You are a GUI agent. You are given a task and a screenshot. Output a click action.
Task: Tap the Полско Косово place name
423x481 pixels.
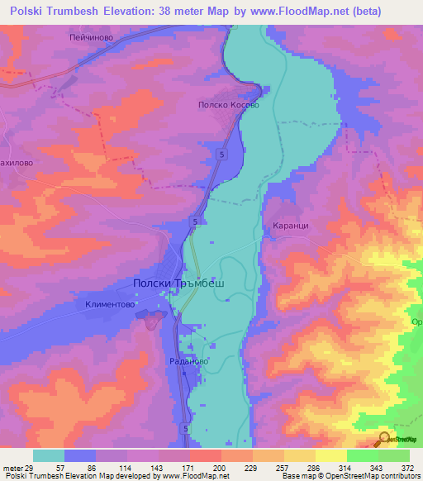pyautogui.click(x=229, y=106)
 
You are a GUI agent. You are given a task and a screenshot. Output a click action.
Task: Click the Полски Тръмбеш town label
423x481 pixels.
pyautogui.click(x=179, y=283)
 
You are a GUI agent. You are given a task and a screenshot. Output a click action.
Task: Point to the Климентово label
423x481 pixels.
pyautogui.click(x=110, y=305)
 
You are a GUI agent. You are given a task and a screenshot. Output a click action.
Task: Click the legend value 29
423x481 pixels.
pyautogui.click(x=31, y=467)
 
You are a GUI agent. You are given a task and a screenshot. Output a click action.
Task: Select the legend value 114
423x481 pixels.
pyautogui.click(x=127, y=467)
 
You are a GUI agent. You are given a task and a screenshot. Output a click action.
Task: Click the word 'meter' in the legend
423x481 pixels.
pyautogui.click(x=12, y=467)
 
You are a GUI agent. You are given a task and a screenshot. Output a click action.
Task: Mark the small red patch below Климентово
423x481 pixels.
pyautogui.click(x=151, y=321)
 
